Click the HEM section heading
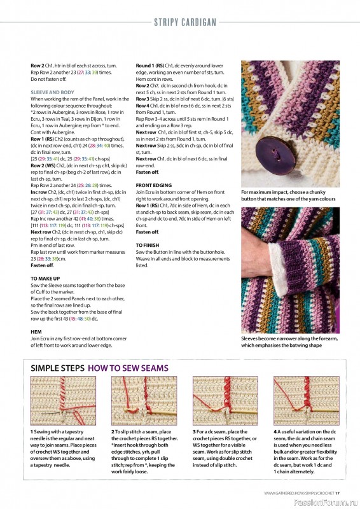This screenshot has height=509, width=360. tap(36, 331)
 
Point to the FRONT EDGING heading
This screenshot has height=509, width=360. tap(153, 185)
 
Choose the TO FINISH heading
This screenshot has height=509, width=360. tap(148, 244)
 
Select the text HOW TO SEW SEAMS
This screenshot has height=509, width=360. tap(137, 368)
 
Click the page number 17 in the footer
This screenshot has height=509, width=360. tap(338, 492)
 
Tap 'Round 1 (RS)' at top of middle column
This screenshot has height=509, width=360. tap(151, 66)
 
